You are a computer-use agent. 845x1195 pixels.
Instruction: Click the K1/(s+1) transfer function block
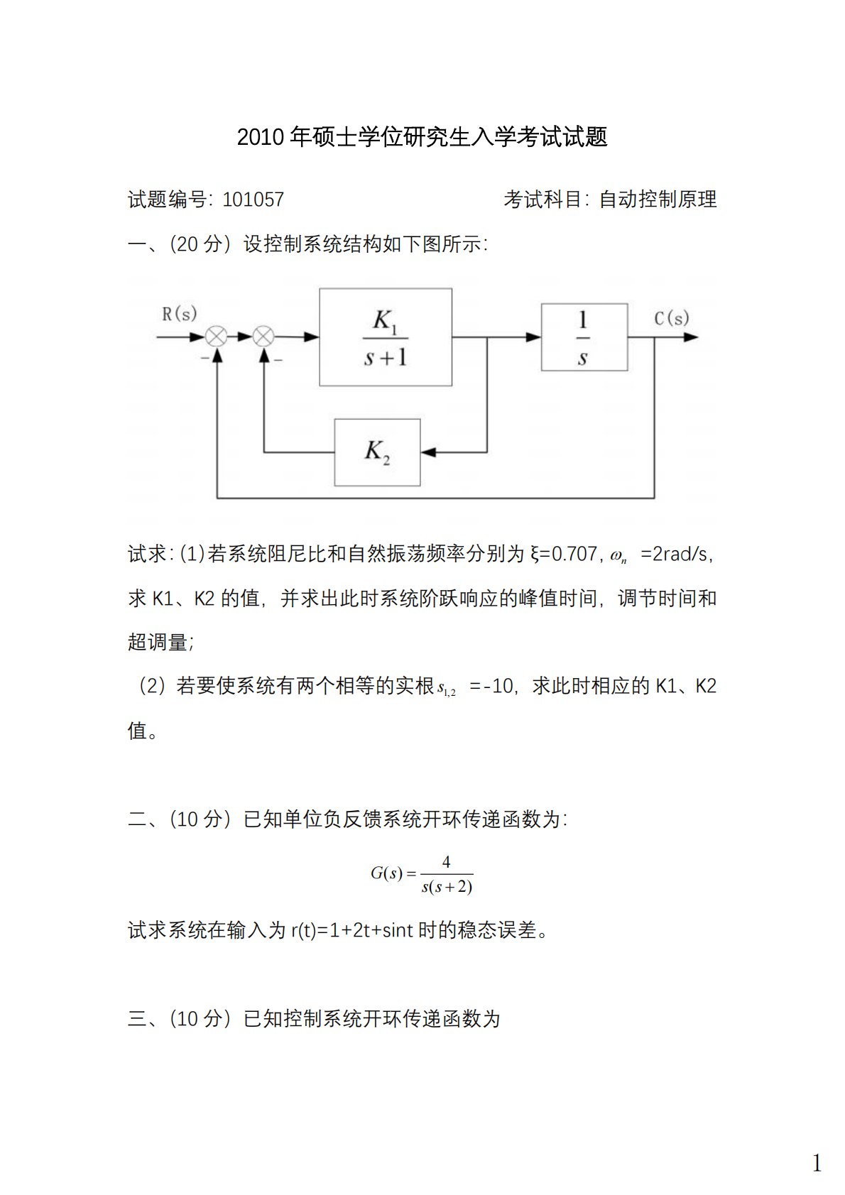[x=386, y=337]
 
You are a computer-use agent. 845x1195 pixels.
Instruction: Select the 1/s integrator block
[x=584, y=337]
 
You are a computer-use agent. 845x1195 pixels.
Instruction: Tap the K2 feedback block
[x=377, y=452]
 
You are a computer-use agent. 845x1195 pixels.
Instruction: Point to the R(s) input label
[x=179, y=313]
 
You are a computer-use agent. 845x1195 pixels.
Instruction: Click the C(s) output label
[x=671, y=317]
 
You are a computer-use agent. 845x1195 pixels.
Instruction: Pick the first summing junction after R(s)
[x=217, y=337]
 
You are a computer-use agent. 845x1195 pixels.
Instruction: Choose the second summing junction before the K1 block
[x=264, y=337]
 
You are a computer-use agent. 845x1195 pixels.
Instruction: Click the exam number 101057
[x=253, y=200]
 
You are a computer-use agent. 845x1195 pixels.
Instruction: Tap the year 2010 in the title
[x=261, y=137]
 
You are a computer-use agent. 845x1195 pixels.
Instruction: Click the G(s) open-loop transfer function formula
[x=422, y=874]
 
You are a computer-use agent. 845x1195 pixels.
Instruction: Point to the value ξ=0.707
[x=564, y=554]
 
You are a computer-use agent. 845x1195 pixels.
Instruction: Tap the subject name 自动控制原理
[x=658, y=200]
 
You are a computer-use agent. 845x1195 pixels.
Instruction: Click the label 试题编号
[x=168, y=200]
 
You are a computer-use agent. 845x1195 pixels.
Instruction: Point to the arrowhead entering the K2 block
[x=427, y=452]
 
